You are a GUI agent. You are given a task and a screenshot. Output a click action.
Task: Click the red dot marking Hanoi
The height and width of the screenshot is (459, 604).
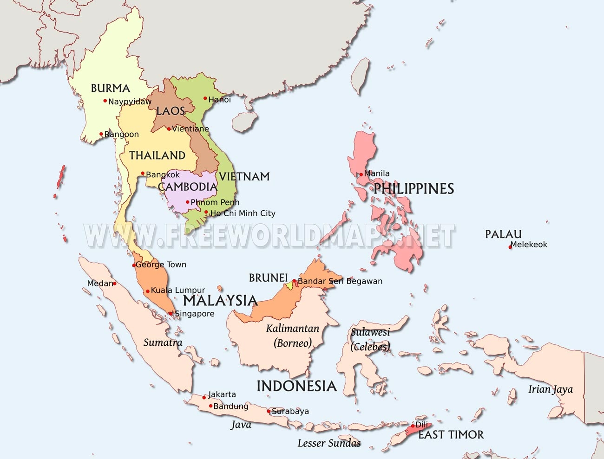tap(205, 98)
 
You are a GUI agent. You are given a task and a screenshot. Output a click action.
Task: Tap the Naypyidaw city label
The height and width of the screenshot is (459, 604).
tap(130, 102)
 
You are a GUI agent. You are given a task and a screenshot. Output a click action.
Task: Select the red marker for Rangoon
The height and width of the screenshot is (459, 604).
tap(101, 134)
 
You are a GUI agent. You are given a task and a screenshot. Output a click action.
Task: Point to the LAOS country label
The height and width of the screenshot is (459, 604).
tap(171, 111)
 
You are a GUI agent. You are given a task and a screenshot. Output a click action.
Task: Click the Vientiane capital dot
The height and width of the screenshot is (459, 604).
tap(169, 129)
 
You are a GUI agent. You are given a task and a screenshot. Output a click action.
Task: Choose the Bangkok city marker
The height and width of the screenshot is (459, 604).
tap(143, 174)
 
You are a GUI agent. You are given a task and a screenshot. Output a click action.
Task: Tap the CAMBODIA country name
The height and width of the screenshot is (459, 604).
tap(187, 187)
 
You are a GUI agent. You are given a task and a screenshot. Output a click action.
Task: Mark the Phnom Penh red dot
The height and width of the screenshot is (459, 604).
tap(188, 202)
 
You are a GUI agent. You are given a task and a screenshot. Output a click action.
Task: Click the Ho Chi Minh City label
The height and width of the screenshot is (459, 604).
tap(243, 213)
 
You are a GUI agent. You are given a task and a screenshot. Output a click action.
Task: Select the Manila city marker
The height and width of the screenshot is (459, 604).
tap(361, 175)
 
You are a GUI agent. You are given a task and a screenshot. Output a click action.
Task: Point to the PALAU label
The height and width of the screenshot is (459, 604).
tap(503, 234)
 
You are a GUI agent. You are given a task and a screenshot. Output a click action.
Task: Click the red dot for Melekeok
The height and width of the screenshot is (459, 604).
tap(510, 247)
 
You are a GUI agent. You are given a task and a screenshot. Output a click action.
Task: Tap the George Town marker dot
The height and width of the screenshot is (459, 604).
tap(134, 265)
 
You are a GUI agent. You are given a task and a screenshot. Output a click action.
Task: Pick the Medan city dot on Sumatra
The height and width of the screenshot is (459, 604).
tap(115, 283)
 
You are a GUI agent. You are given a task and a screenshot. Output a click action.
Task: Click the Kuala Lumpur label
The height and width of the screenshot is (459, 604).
tap(178, 291)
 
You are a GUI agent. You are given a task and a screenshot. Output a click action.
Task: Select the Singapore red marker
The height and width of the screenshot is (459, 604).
tap(171, 313)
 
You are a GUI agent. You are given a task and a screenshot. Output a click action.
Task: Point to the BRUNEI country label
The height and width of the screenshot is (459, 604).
tap(268, 278)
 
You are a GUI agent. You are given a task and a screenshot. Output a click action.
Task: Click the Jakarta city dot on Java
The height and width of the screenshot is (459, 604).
tap(204, 397)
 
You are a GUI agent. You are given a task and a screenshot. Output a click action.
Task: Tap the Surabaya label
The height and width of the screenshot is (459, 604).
tap(290, 411)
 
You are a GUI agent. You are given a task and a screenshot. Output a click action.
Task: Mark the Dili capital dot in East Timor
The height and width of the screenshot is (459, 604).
tap(413, 426)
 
